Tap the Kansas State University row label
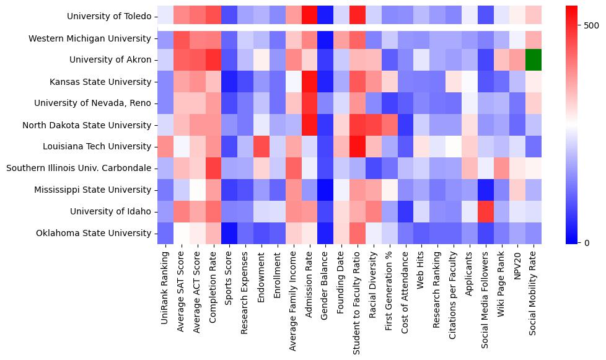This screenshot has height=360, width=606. [101, 82]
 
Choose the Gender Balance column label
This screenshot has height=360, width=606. [325, 279]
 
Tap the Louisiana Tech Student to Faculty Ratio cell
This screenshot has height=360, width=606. [357, 147]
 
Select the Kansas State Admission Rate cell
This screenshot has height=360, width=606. [309, 82]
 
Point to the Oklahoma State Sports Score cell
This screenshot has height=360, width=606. [229, 233]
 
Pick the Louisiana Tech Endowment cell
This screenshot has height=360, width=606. [261, 147]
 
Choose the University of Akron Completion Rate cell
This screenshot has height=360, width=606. [213, 60]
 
